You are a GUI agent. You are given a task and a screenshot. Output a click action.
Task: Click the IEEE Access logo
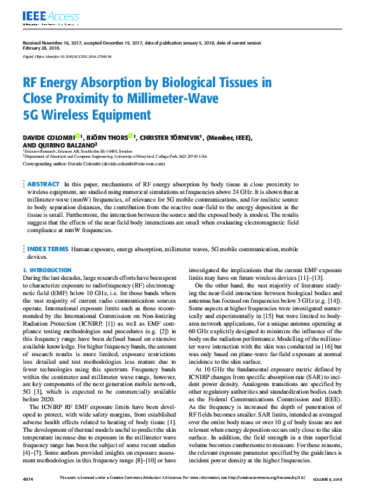(42, 15)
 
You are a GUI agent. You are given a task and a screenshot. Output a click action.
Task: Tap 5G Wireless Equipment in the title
(87, 115)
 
